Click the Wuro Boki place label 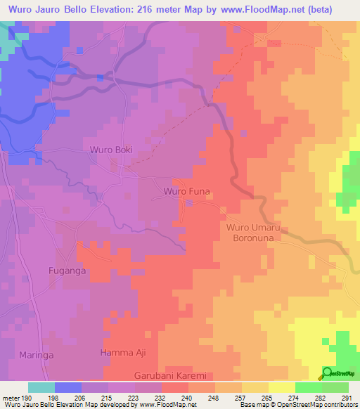(110, 150)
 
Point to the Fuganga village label (67, 270)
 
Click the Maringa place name (37, 355)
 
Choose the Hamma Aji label (123, 352)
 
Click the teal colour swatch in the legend (41, 387)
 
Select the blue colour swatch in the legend (67, 387)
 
